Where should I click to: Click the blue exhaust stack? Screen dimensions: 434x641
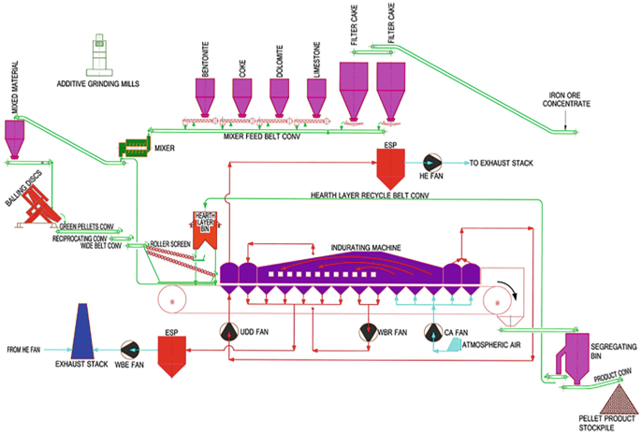click(x=87, y=340)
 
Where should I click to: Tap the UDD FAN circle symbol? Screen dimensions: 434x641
click(x=229, y=332)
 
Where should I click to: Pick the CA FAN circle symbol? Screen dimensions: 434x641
click(x=432, y=332)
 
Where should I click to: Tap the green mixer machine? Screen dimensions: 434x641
click(x=135, y=148)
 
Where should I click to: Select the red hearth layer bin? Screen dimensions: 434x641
click(x=204, y=233)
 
